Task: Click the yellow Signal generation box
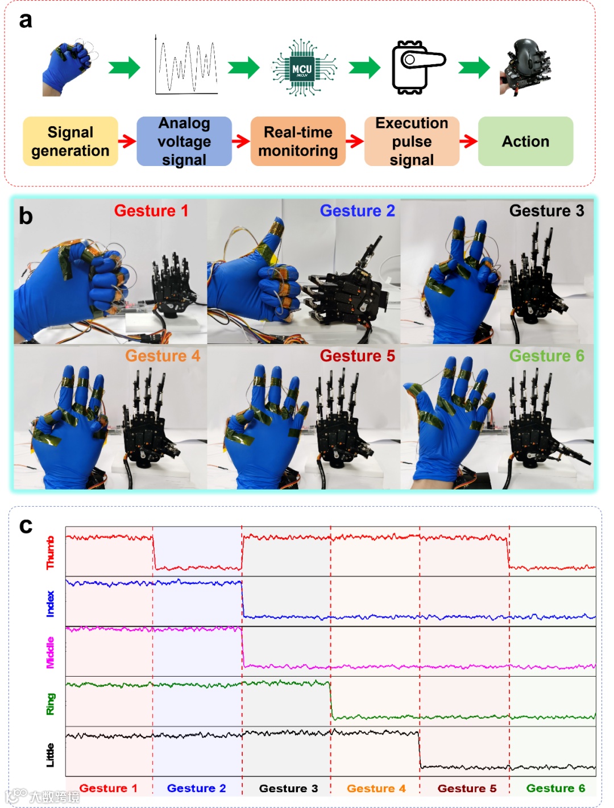[x=70, y=142]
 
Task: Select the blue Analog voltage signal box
[x=184, y=142]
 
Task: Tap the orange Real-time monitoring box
[x=298, y=142]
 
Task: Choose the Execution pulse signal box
[x=412, y=142]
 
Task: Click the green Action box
[x=525, y=142]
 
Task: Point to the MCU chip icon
[x=302, y=68]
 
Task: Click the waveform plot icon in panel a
[x=186, y=66]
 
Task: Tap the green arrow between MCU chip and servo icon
[x=364, y=68]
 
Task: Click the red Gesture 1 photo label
[x=151, y=211]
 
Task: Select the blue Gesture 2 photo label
[x=357, y=211]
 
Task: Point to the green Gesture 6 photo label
[x=546, y=356]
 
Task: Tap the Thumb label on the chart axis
[x=51, y=552]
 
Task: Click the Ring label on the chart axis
[x=51, y=703]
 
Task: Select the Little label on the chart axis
[x=51, y=755]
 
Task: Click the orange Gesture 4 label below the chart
[x=376, y=788]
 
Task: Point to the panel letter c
[x=26, y=525]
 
